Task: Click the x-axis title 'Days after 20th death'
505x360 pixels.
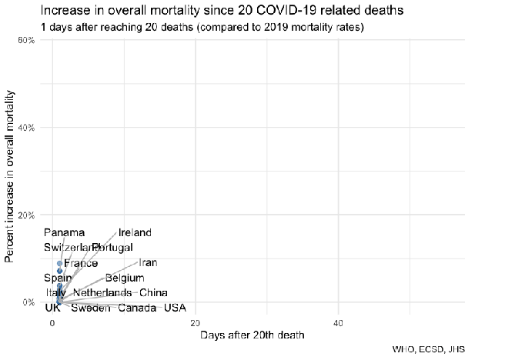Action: pos(252,335)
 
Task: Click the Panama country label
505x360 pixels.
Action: pos(64,233)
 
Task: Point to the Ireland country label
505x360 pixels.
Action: pos(135,233)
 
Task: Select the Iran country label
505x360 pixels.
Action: pos(148,263)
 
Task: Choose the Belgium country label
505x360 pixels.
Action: pos(124,278)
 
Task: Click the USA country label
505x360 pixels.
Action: pos(175,308)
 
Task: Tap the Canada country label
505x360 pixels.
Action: pos(138,308)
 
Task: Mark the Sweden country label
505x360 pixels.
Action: pos(90,308)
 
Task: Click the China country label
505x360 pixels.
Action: pos(153,293)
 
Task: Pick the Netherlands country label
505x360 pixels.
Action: pos(102,293)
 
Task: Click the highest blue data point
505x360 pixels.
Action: pos(59,263)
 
